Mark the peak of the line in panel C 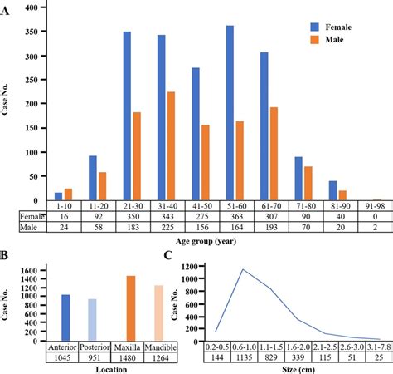pyautogui.click(x=243, y=269)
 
